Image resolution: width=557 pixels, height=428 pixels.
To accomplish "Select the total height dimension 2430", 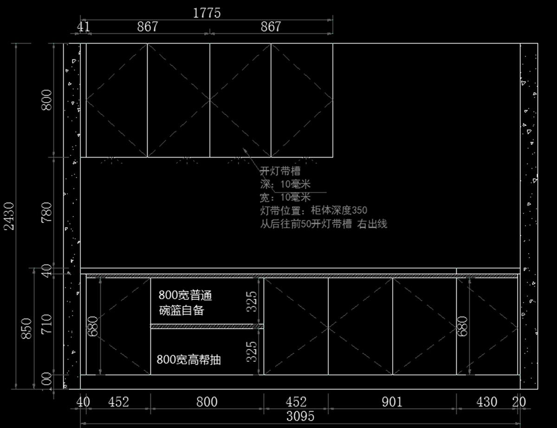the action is tap(9, 216).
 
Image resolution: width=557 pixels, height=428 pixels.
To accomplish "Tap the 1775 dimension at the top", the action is tap(207, 13).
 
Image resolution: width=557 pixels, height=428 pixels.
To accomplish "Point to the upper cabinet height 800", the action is tap(47, 100).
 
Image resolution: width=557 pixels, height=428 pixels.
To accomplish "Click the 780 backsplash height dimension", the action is tap(47, 212).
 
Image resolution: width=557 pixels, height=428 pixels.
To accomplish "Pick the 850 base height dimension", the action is tap(26, 329).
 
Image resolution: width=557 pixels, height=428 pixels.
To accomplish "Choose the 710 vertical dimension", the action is tap(47, 324).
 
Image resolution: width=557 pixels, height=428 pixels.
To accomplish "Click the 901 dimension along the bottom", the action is tap(392, 402).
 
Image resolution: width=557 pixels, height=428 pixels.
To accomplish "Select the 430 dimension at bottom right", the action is tap(487, 402).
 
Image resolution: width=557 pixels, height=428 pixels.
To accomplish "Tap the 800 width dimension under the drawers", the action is tap(207, 402).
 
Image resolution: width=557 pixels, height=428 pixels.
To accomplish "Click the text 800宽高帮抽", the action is tap(189, 359).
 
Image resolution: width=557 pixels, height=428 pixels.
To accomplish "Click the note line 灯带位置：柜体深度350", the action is tap(313, 211).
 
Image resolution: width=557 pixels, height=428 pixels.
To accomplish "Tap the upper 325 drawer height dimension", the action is tap(251, 302).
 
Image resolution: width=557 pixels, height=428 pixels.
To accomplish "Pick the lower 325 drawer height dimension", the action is tap(251, 352).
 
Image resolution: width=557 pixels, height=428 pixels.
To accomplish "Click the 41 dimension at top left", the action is tap(84, 26).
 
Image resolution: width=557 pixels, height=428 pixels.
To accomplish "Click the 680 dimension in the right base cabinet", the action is tap(462, 326).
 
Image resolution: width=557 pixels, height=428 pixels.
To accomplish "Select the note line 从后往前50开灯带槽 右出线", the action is tap(324, 224).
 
